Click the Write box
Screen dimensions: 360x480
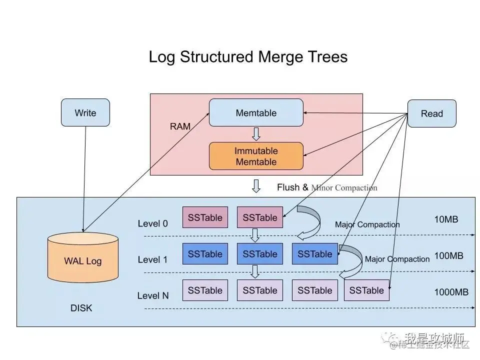point(85,112)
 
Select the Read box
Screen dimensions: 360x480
point(432,113)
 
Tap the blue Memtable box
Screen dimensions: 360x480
point(256,112)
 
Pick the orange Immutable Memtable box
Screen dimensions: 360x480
point(256,156)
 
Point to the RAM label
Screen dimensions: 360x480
point(180,126)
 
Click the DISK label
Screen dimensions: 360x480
point(81,308)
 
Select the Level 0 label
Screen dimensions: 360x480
point(153,223)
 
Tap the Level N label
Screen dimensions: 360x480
point(153,295)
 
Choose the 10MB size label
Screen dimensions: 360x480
point(446,219)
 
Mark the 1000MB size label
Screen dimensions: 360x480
point(451,292)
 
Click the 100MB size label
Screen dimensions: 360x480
point(448,255)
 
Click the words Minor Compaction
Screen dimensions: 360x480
point(344,188)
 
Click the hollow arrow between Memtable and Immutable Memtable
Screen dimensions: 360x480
point(256,134)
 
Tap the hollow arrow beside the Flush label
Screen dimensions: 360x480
point(256,186)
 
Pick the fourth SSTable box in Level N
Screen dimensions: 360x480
point(366,290)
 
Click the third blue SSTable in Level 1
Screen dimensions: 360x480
point(314,254)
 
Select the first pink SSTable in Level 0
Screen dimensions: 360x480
point(205,217)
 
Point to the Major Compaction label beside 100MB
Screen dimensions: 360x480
point(397,259)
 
